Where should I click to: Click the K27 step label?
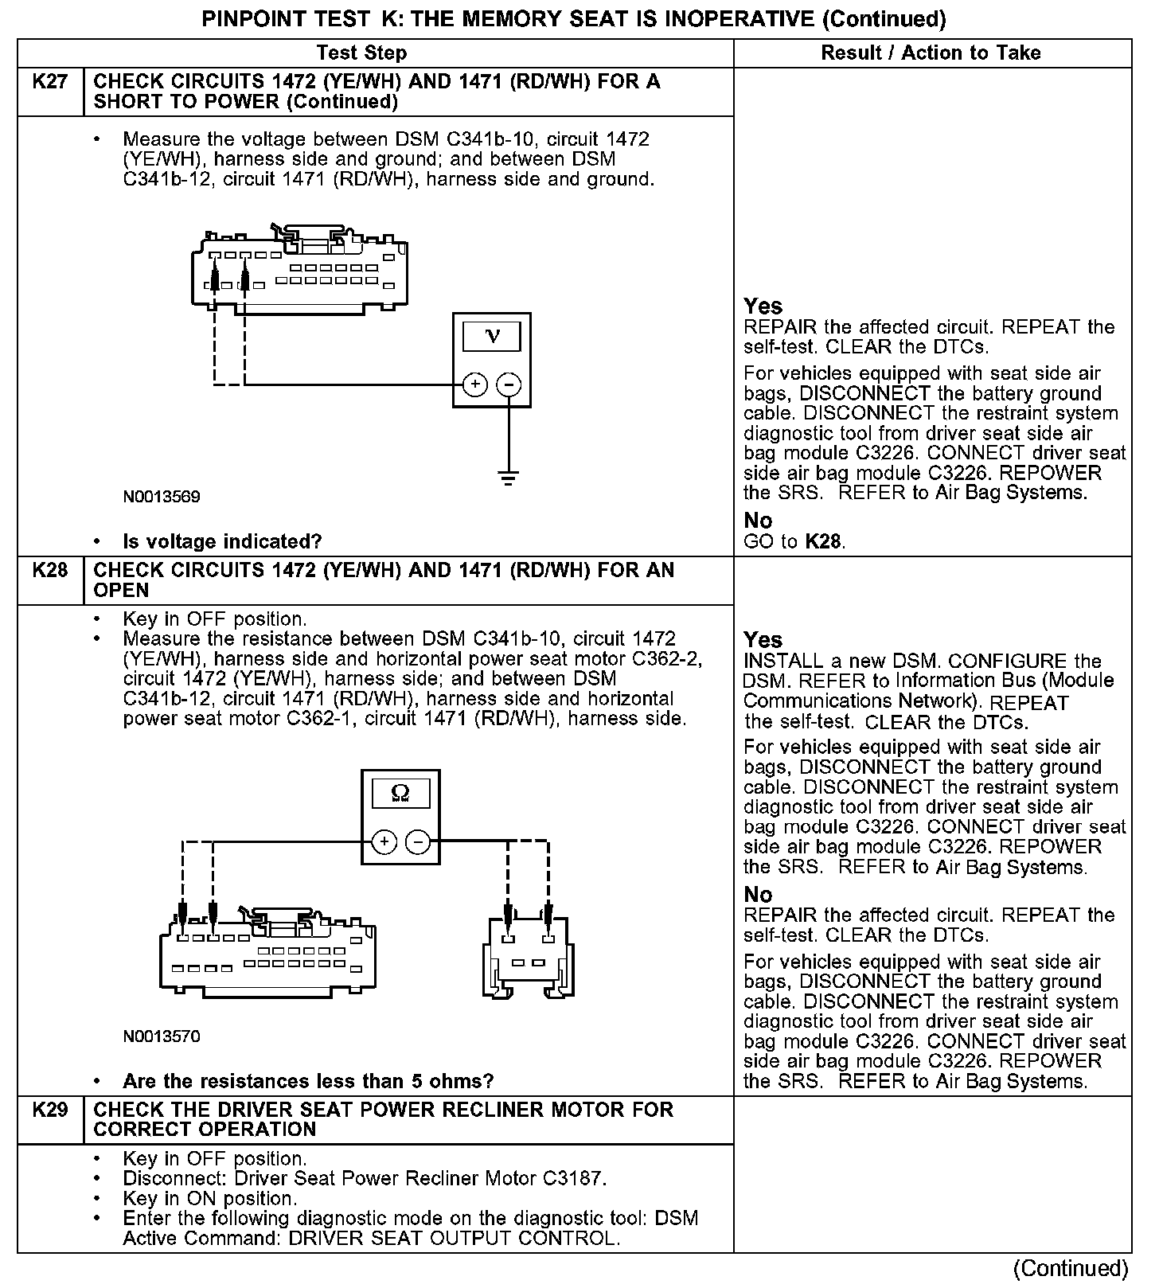(x=50, y=82)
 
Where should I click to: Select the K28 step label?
(x=50, y=571)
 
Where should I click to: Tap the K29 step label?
(x=50, y=1110)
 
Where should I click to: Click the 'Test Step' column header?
(x=361, y=53)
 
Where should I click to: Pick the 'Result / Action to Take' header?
(x=931, y=53)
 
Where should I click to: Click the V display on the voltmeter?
(x=492, y=337)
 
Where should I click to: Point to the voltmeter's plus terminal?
(x=474, y=385)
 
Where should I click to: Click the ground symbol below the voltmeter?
(x=509, y=477)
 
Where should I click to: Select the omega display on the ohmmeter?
(x=400, y=794)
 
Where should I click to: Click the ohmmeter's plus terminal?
(x=384, y=842)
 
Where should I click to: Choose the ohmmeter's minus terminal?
(x=418, y=842)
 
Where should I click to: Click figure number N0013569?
(x=162, y=497)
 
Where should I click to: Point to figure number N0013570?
(x=162, y=1036)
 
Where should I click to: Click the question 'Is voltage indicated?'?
(x=222, y=542)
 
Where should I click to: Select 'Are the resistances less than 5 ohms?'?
(x=308, y=1081)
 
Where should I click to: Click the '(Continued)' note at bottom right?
(x=1071, y=1268)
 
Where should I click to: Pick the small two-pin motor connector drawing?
(x=528, y=954)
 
